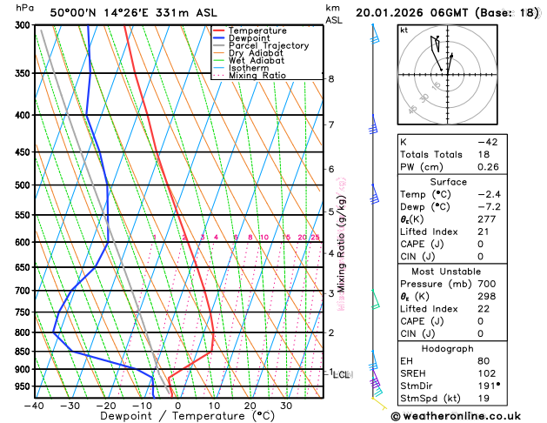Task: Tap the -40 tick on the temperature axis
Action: click(x=34, y=405)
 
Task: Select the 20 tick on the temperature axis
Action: click(x=250, y=405)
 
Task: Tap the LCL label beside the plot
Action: click(x=341, y=375)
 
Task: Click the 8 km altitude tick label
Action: click(x=331, y=79)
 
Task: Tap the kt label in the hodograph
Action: click(x=404, y=30)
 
